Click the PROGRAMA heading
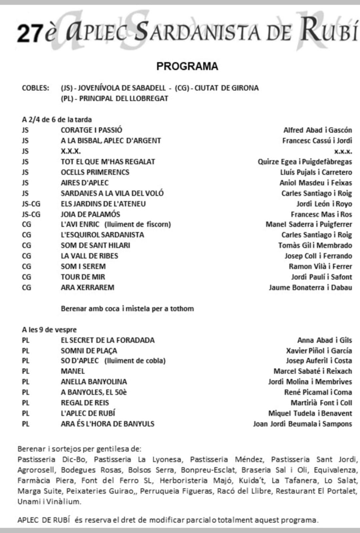(187, 66)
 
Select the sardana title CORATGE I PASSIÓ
(91, 130)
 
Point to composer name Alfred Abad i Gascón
(317, 130)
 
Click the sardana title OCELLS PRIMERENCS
(95, 172)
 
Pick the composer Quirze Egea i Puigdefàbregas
(305, 162)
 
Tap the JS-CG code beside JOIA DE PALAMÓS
(31, 214)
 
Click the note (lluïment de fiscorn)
(137, 224)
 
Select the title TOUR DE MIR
(83, 277)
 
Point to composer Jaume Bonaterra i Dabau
(310, 287)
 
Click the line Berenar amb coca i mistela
(127, 309)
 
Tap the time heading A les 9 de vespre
(49, 330)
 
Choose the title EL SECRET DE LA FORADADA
(107, 340)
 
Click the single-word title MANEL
(73, 371)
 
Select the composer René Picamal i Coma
(318, 392)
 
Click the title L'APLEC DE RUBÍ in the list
(88, 413)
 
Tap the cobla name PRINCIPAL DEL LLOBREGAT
(123, 99)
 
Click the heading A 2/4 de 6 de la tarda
(57, 119)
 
